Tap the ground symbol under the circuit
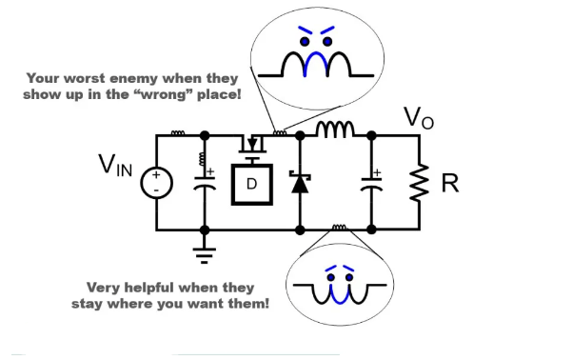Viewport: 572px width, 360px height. coord(205,251)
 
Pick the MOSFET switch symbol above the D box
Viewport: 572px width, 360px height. coord(252,144)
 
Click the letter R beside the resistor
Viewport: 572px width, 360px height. coord(449,183)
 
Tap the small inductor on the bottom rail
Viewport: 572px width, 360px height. coord(338,228)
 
